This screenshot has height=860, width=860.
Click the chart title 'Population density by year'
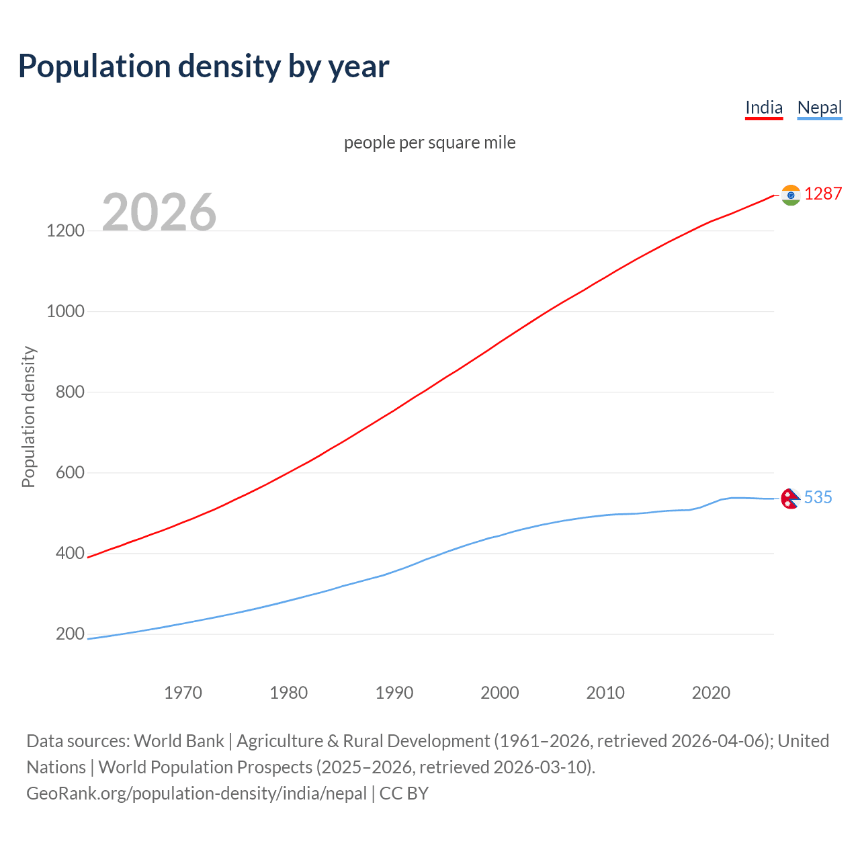[x=204, y=67]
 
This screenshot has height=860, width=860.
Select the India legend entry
[x=764, y=107]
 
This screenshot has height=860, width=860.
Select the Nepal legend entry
[x=819, y=107]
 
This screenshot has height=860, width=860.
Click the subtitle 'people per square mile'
[x=430, y=142]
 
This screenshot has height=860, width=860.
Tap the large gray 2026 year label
[x=159, y=212]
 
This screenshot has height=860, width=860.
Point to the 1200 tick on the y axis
[x=65, y=230]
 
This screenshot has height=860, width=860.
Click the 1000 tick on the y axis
[x=65, y=311]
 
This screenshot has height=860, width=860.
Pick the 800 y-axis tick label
[x=70, y=392]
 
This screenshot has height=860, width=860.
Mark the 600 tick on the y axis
[x=70, y=472]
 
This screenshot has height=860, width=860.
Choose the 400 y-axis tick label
[x=70, y=554]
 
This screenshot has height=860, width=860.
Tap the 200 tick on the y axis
[x=70, y=634]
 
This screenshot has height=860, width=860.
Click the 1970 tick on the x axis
[x=183, y=693]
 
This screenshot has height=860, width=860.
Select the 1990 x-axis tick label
[x=394, y=693]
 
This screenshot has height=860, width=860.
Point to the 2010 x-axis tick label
[x=605, y=693]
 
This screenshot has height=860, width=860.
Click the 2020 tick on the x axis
[x=711, y=693]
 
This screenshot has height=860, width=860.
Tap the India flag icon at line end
[x=791, y=195]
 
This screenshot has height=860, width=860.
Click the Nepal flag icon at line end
[x=790, y=499]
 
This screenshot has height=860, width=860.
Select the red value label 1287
[x=823, y=194]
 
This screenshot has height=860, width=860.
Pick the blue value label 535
[x=818, y=497]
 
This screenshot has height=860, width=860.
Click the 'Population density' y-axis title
[x=28, y=417]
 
